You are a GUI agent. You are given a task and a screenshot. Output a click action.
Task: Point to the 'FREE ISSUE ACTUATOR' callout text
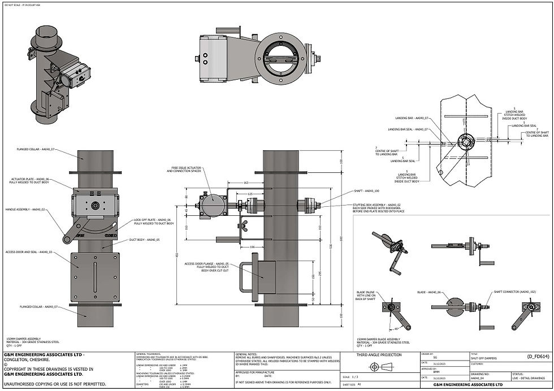[x=186, y=168]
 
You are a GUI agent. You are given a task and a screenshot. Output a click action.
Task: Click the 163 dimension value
[x=230, y=183]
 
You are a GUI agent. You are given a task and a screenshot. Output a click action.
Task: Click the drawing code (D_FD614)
[x=537, y=357]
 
